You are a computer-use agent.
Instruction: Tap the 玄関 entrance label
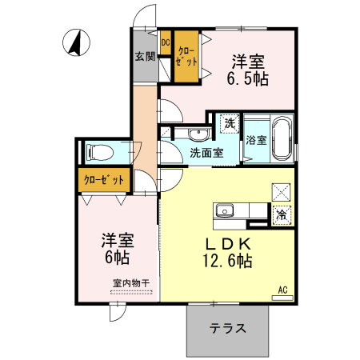pos(144,57)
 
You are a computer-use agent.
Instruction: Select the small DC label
pos(166,42)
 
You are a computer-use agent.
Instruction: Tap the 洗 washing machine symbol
pos(229,123)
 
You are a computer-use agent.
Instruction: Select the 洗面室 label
pos(206,152)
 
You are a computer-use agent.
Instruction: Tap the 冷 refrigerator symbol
pos(282,214)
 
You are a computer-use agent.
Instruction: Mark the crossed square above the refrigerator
pos(282,191)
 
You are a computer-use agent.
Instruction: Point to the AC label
pos(282,290)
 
